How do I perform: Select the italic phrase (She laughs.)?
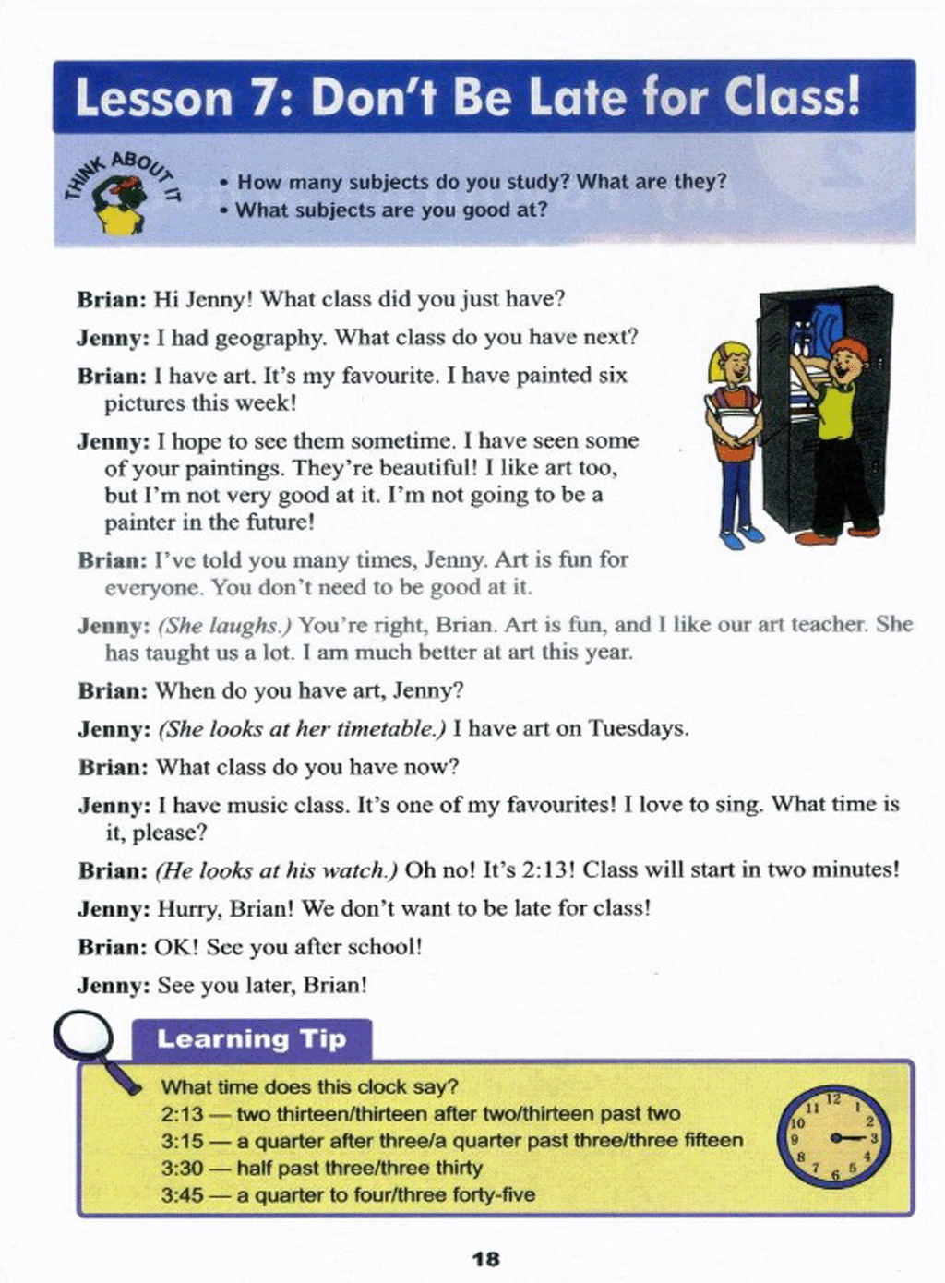[x=224, y=626]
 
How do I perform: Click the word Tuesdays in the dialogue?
[x=638, y=729]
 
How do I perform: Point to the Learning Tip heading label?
[x=251, y=1039]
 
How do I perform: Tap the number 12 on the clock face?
[x=833, y=1098]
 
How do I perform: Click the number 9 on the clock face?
[x=795, y=1139]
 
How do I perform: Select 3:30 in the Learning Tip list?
[x=182, y=1169]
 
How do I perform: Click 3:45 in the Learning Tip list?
[x=182, y=1195]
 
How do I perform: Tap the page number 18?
[x=484, y=1259]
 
